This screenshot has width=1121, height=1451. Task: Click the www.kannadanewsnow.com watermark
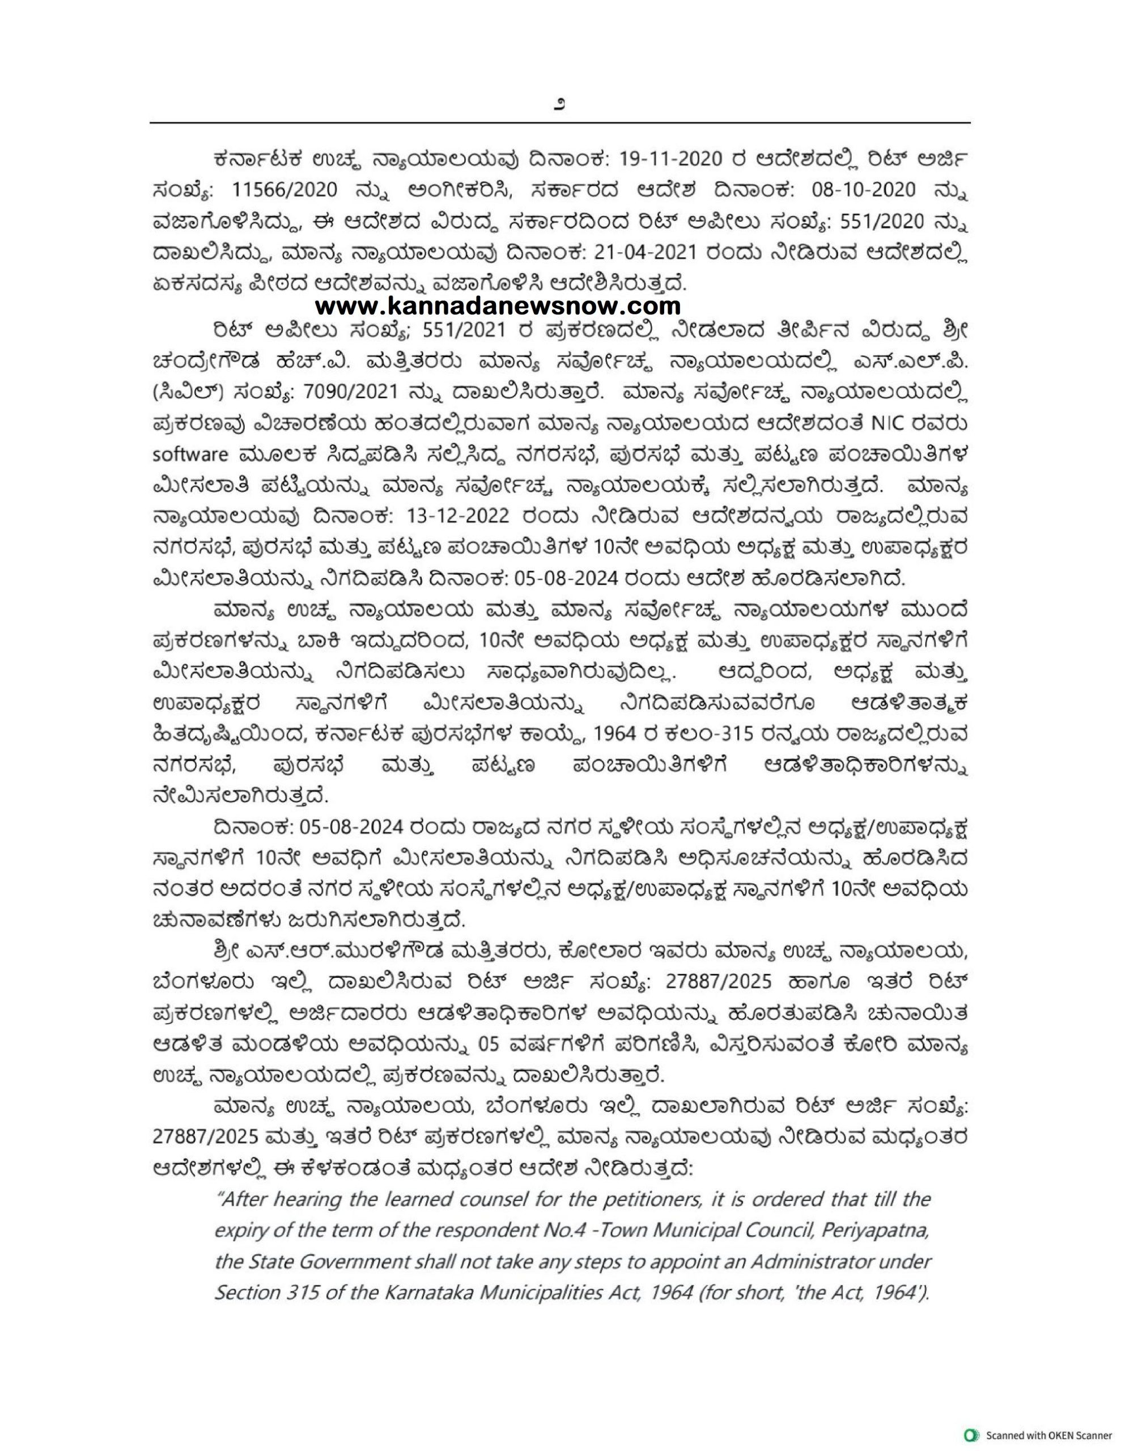[x=498, y=306]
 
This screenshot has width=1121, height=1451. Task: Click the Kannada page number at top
[x=559, y=104]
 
